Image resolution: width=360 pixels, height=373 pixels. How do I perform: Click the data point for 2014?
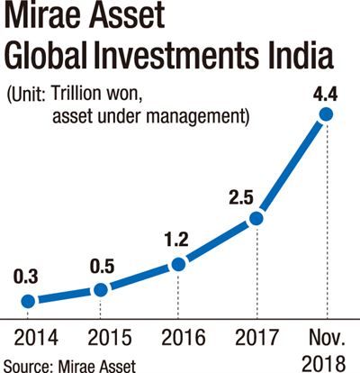[29, 301]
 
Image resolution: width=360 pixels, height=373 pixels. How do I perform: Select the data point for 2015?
[101, 290]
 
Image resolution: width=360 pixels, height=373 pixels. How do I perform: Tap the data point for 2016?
[178, 264]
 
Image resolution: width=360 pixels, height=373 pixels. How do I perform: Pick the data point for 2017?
[256, 218]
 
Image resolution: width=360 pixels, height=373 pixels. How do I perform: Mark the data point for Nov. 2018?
[326, 114]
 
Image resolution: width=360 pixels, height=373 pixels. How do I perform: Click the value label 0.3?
[25, 277]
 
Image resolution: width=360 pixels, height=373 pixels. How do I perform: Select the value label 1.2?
[176, 240]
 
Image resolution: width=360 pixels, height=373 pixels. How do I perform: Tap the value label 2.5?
[241, 198]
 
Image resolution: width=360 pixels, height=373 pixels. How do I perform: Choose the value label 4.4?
[325, 94]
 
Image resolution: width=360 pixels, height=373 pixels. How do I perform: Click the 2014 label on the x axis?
[36, 337]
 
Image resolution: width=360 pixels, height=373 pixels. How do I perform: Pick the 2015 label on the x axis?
[110, 337]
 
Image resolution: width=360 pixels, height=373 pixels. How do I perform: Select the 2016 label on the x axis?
[184, 337]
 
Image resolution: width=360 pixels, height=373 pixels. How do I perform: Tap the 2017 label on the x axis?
[256, 337]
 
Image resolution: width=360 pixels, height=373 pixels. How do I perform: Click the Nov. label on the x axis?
[327, 337]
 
